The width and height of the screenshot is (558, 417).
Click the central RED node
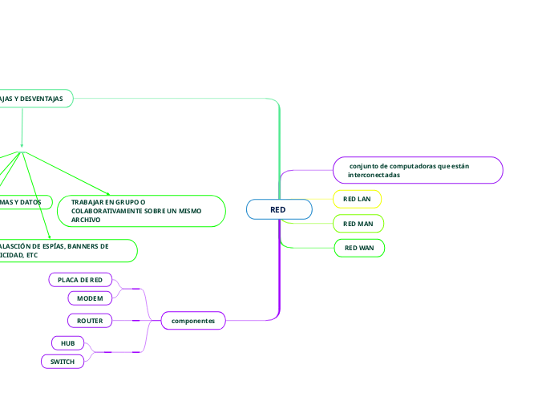[278, 209]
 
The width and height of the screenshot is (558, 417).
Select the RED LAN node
[357, 198]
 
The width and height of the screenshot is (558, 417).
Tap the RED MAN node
[358, 223]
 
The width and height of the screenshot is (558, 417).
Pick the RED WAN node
[359, 248]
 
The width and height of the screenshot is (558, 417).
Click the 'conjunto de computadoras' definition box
[418, 170]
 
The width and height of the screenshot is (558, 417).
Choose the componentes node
[193, 321]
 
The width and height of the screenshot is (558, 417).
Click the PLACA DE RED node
[80, 279]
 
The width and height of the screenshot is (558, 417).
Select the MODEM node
[90, 298]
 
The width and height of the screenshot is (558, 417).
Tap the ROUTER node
[90, 321]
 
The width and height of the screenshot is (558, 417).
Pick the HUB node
[67, 342]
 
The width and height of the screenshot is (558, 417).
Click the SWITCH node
[63, 362]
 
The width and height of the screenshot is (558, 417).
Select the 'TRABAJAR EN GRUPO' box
[142, 211]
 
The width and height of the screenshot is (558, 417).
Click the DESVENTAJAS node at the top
[36, 98]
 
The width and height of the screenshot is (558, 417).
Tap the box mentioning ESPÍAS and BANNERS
[64, 250]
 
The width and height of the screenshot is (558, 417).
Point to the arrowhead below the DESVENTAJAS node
[22, 144]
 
